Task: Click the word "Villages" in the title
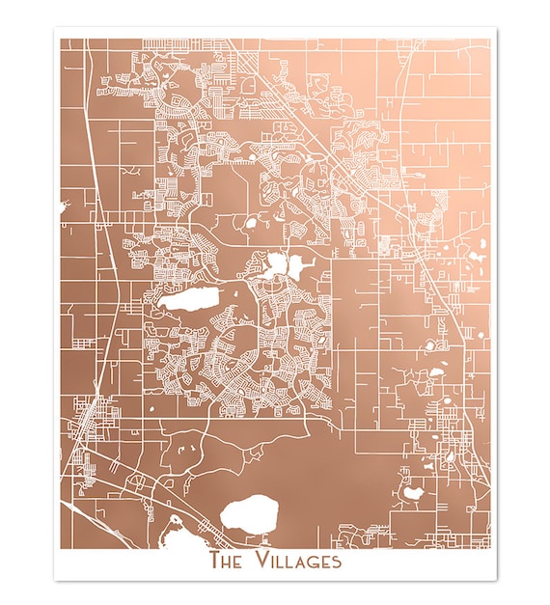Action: click(296, 560)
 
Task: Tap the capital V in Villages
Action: click(261, 560)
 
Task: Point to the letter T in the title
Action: click(214, 560)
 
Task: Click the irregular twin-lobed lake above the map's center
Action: click(279, 262)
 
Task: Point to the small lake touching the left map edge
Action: click(63, 206)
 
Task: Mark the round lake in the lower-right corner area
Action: click(413, 493)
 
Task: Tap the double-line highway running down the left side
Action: click(104, 232)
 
